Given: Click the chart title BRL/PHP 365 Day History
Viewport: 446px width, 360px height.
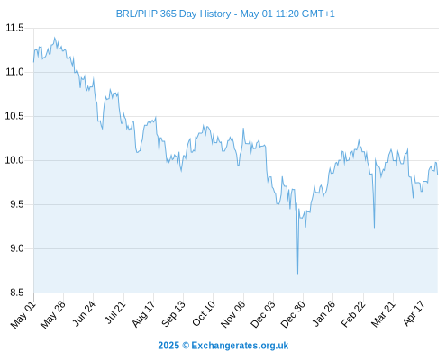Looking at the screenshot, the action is pos(173,13).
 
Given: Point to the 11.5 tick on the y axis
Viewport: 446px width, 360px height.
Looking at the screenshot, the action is pos(14,28).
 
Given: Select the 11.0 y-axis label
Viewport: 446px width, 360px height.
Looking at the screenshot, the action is pos(14,72).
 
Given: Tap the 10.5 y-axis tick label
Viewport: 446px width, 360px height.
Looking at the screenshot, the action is pos(14,116).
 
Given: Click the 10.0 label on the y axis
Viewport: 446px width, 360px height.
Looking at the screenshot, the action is pos(14,160).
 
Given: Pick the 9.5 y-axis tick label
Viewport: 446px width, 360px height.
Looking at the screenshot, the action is pos(17,204).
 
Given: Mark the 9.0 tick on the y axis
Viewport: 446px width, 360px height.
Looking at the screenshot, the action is pos(17,248).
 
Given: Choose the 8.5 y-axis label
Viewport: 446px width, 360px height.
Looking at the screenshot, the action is pos(17,292).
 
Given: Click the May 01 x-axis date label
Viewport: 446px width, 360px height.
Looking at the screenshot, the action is pos(23,315).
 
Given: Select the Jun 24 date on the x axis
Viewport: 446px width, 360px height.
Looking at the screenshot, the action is pos(85,313).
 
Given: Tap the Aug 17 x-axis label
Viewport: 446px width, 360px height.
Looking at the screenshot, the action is pos(144,314).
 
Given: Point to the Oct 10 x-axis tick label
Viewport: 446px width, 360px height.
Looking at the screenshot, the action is pos(204,313).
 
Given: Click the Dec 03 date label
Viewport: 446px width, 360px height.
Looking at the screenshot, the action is pos(263,314).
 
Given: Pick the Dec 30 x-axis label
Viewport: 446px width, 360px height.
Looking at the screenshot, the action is pos(293,314).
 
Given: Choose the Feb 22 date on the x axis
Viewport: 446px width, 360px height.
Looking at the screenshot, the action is pos(353,314).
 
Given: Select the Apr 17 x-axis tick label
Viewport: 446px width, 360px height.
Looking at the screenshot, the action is pos(414,313).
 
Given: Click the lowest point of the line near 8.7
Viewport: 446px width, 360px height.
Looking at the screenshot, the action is pos(297,274).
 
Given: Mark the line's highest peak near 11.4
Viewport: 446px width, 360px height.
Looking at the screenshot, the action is pos(54,38).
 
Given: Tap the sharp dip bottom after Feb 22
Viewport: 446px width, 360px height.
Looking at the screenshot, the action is pos(374,228).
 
